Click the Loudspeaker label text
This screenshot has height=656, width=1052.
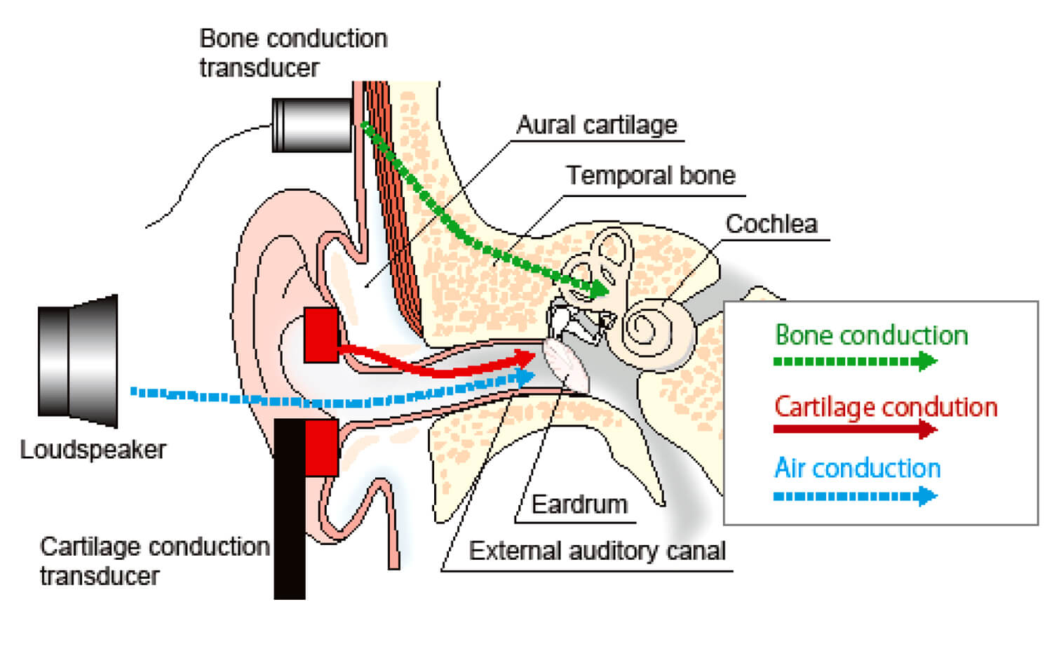tap(93, 450)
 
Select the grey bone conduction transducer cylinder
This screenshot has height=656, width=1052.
tap(311, 125)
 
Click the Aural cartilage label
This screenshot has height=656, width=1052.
tap(597, 125)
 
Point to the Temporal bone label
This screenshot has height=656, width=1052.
tap(651, 175)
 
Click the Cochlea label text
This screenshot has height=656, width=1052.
tap(771, 224)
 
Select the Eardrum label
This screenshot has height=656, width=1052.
tap(579, 504)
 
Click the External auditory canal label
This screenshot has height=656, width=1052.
tap(597, 551)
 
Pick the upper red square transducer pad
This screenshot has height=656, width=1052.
tap(321, 335)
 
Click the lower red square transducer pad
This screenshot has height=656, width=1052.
tap(322, 448)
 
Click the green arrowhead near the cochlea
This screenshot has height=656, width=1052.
tap(598, 288)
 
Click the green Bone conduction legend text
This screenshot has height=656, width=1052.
tap(871, 335)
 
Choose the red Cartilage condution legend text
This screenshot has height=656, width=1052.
tap(885, 407)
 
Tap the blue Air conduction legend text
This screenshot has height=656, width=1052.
tap(857, 468)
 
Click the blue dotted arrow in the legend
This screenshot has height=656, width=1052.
tap(855, 497)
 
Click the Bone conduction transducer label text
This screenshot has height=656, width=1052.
tap(293, 53)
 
